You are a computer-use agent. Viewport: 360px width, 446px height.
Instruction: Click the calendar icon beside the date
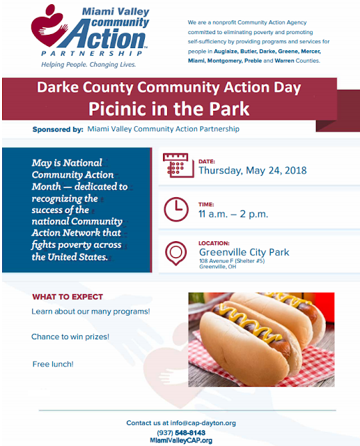175,166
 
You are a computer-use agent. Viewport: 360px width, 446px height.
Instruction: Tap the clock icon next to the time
175,209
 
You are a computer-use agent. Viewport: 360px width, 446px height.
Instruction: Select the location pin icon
175,252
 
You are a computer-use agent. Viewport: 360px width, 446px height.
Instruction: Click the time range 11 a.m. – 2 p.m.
233,213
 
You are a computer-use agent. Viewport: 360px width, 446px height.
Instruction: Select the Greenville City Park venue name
244,252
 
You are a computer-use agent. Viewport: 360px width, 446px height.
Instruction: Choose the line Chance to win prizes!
70,337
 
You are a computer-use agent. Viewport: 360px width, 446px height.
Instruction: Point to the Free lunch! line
53,364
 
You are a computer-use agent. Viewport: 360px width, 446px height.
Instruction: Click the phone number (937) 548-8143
180,432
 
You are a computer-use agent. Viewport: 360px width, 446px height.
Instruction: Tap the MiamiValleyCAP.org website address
180,440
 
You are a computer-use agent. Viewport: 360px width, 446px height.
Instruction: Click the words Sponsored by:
57,129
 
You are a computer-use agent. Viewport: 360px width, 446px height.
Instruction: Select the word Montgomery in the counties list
230,61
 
